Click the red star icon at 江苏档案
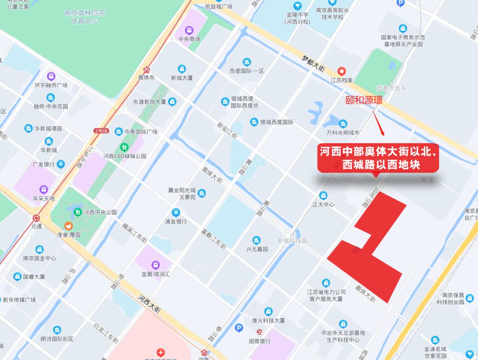(342, 71)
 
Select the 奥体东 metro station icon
(146, 69)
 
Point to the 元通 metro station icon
(36, 218)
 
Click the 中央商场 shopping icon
(189, 30)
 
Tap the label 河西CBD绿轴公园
(125, 156)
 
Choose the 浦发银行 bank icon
(176, 212)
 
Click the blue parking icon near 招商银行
(239, 328)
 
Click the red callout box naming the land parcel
(378, 158)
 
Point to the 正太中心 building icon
(324, 195)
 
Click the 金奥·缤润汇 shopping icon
(155, 265)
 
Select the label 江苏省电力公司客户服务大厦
(326, 295)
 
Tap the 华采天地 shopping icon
(43, 189)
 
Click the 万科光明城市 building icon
(343, 124)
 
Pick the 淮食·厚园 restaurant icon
(68, 226)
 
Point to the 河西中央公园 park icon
(78, 212)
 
